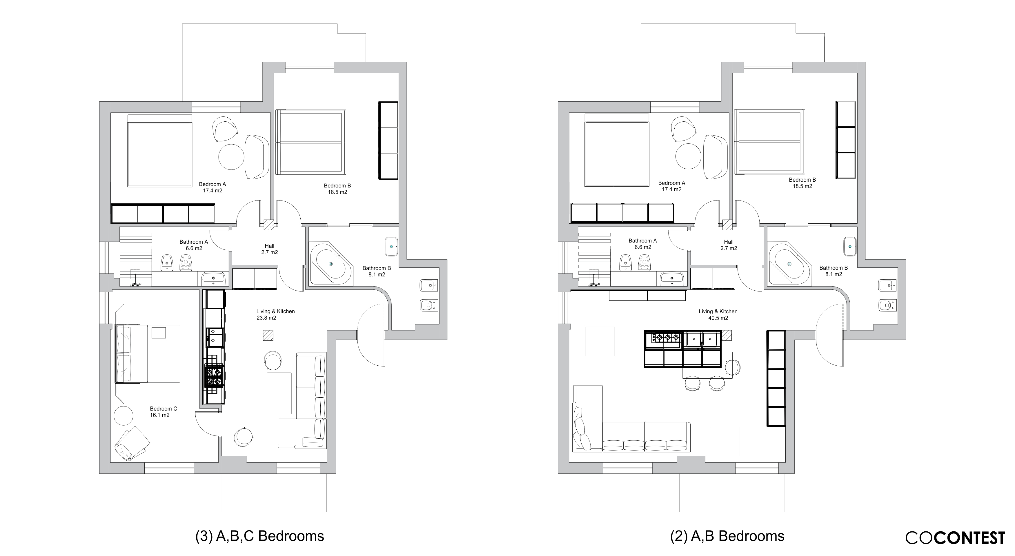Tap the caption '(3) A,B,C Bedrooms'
tap(260, 536)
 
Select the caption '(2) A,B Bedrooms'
tap(727, 536)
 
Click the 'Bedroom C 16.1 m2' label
tap(163, 412)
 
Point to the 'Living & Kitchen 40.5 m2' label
tap(718, 315)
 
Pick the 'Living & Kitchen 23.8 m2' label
tap(275, 315)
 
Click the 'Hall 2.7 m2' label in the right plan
tap(729, 245)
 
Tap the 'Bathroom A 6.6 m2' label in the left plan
tap(194, 245)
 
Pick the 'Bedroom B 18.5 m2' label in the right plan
tap(802, 183)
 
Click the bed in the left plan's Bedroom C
tap(147, 353)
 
